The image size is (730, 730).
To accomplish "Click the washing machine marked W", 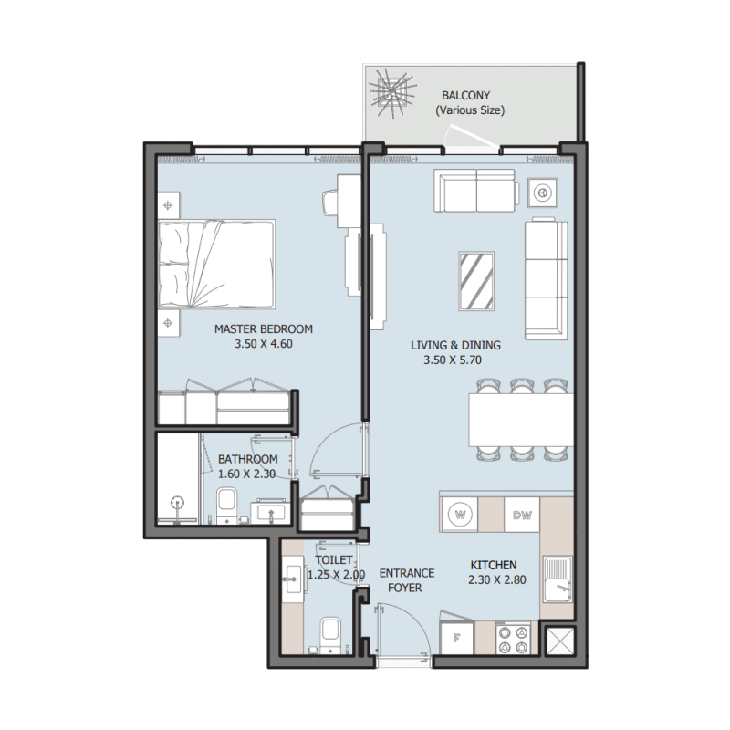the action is [x=459, y=515].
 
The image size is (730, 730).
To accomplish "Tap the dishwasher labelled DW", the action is [x=522, y=515].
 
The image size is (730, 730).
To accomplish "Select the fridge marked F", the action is [x=457, y=638].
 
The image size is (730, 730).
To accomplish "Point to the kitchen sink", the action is [x=558, y=579].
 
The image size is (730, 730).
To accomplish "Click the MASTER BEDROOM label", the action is [x=264, y=329].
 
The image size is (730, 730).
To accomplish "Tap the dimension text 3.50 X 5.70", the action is [x=453, y=360].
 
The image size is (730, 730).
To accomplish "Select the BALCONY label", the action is [x=466, y=96].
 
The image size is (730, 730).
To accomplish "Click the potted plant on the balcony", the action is [x=392, y=94].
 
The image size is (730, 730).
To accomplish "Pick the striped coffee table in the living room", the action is [x=476, y=281].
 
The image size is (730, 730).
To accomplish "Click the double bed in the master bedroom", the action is [x=216, y=264].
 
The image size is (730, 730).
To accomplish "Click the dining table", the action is [x=521, y=420].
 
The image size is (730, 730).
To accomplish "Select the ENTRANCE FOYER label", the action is [x=406, y=580].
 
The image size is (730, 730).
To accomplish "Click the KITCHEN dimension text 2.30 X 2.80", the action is [x=497, y=580].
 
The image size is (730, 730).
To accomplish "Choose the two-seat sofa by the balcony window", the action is [x=476, y=191].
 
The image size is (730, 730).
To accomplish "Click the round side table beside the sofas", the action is [x=542, y=193].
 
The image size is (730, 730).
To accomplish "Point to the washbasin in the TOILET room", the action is [x=295, y=579].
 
